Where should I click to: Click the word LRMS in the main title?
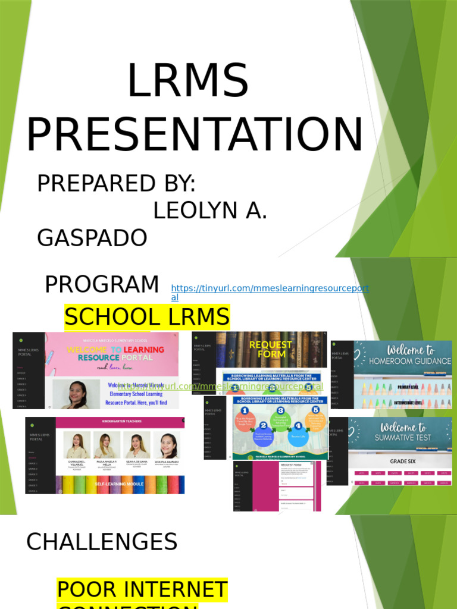point(188,81)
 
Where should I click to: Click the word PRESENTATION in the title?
point(195,135)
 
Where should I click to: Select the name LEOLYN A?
point(210,211)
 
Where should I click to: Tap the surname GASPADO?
point(92,238)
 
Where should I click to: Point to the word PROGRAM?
point(102,285)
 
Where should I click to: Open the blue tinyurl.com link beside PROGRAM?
point(270,289)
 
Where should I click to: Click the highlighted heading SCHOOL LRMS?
point(146,317)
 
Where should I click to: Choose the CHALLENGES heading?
point(102,542)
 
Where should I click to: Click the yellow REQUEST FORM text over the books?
point(271,349)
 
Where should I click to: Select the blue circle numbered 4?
point(297,426)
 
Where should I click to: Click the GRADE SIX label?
point(402,461)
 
